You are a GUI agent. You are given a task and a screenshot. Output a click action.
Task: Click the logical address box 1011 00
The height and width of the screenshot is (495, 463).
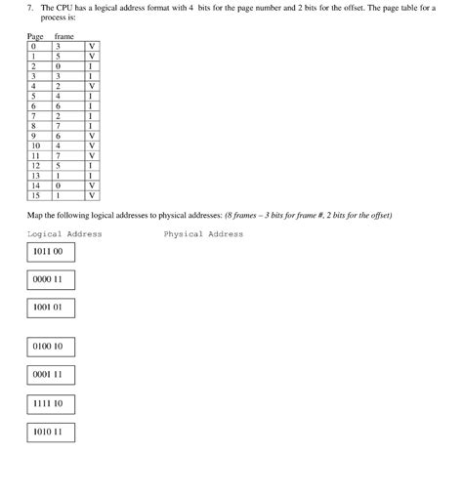pyautogui.click(x=51, y=252)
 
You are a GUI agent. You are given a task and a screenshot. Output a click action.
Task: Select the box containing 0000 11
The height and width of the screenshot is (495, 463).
pyautogui.click(x=51, y=280)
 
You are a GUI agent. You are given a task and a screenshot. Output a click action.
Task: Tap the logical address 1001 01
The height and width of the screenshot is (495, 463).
pyautogui.click(x=51, y=309)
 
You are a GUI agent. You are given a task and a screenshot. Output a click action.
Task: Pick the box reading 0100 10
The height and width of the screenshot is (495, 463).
pyautogui.click(x=51, y=347)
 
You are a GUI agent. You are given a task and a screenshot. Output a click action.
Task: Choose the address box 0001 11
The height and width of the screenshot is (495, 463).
pyautogui.click(x=51, y=375)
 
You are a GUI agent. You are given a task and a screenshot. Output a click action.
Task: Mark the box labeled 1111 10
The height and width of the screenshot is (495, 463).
pyautogui.click(x=51, y=403)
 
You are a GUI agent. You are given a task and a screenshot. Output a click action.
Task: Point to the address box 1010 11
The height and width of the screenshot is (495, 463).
pyautogui.click(x=51, y=432)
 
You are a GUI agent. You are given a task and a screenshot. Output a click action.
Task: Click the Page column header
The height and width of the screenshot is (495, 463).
pyautogui.click(x=35, y=36)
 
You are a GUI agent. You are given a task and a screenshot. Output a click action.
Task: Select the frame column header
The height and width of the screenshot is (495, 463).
pyautogui.click(x=64, y=36)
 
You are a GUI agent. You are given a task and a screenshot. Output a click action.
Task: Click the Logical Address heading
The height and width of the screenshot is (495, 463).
pyautogui.click(x=64, y=234)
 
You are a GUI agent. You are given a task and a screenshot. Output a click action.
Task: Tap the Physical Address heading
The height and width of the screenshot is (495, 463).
pyautogui.click(x=203, y=234)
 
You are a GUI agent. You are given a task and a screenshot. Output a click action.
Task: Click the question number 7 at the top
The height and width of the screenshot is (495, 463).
pyautogui.click(x=30, y=8)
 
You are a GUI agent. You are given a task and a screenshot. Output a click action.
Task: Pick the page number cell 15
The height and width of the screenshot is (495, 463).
pyautogui.click(x=35, y=194)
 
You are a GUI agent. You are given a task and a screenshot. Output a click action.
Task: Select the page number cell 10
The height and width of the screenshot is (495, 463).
pyautogui.click(x=35, y=145)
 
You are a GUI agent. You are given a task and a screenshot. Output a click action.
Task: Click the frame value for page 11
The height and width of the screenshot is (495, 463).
pyautogui.click(x=60, y=155)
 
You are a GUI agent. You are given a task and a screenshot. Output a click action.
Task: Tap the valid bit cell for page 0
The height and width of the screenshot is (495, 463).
pyautogui.click(x=91, y=46)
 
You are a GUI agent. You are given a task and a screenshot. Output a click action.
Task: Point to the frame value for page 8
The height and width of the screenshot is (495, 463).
pyautogui.click(x=60, y=126)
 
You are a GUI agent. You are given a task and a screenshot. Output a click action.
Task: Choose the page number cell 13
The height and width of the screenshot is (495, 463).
pyautogui.click(x=35, y=175)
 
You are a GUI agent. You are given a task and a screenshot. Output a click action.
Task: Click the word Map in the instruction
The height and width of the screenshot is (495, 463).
pyautogui.click(x=35, y=215)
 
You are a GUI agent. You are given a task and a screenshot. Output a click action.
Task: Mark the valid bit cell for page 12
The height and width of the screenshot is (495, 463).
pyautogui.click(x=91, y=165)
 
